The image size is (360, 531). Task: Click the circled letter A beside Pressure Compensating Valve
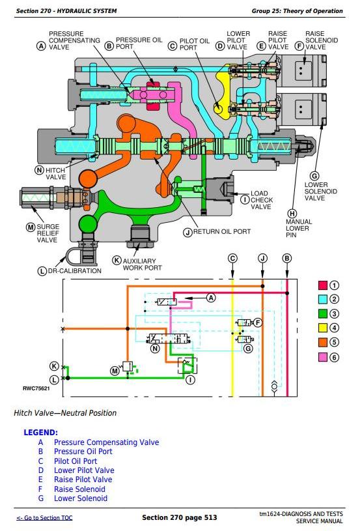coord(41,46)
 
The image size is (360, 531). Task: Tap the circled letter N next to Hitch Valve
coord(40,170)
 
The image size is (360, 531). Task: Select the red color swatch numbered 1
coord(323,285)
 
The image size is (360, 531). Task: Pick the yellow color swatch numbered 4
coord(323,328)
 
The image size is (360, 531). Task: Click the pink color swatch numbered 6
coord(323,357)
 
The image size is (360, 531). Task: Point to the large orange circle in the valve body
coord(88,179)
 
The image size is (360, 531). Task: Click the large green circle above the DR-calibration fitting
coord(88,224)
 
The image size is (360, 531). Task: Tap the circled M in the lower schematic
coord(115,371)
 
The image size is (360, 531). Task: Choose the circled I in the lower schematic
coord(191,380)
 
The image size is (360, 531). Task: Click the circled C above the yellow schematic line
coord(232,259)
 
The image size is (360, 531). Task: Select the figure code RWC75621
coord(36,388)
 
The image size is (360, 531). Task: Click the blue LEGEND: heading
coord(40,433)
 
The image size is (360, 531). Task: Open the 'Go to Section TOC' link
coord(44,518)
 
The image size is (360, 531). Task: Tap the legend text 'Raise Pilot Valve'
coord(83,480)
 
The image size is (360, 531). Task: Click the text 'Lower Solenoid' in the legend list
coord(81,498)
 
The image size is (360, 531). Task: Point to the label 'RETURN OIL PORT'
coord(222,232)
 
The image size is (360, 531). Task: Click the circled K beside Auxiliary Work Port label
coord(117,260)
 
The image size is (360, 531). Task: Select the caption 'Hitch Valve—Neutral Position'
coord(65,413)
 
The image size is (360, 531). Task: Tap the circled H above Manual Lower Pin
coord(292,214)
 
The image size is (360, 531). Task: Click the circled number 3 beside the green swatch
coord(334,313)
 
